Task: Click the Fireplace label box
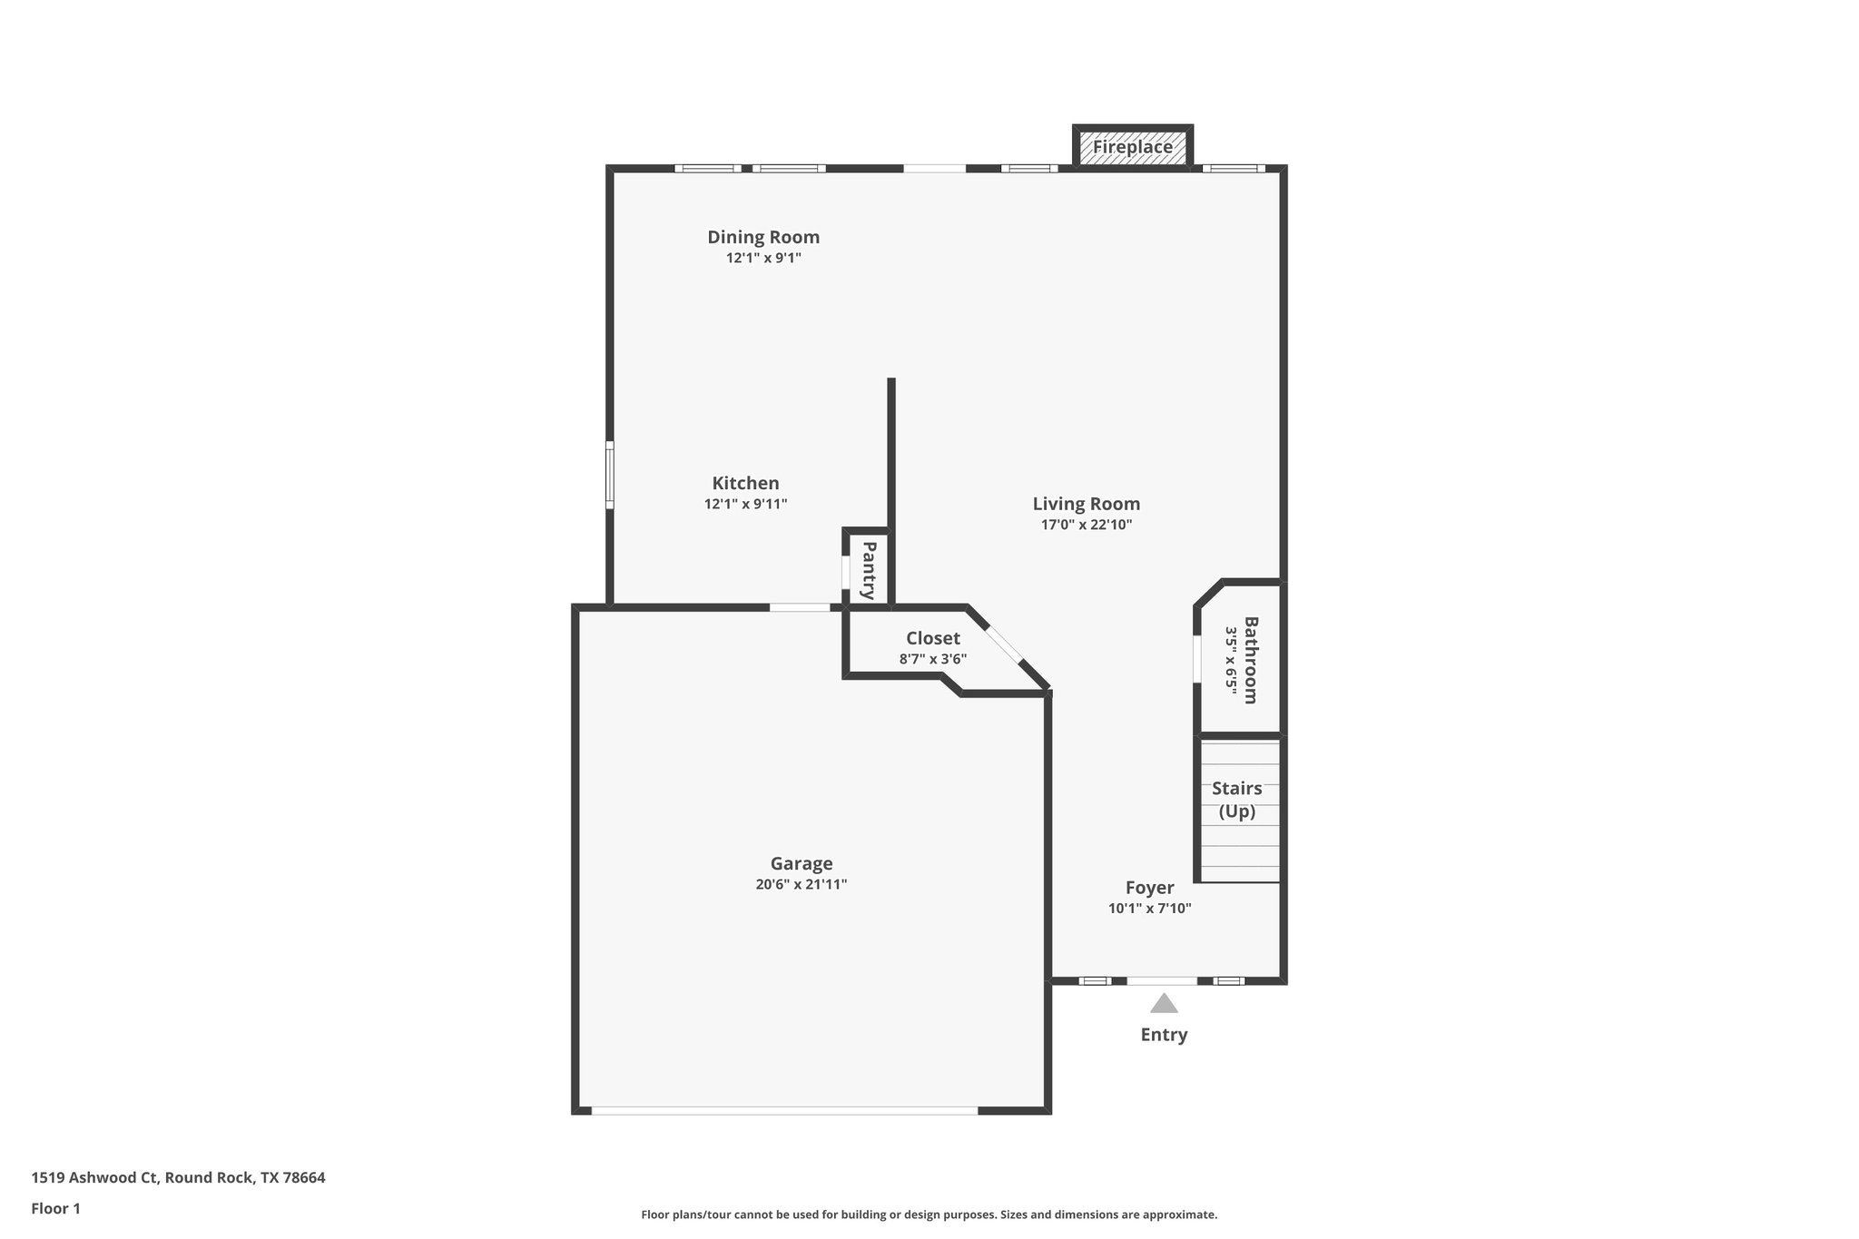[1132, 147]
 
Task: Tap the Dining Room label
[763, 237]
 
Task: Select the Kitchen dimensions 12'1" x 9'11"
[745, 504]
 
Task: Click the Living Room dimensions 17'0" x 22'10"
[1086, 525]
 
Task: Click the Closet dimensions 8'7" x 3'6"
[932, 659]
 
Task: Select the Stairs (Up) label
[1236, 800]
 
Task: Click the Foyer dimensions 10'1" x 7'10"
[1149, 908]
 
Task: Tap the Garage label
[802, 863]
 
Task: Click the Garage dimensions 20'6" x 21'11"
[801, 884]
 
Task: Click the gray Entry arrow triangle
[1164, 1004]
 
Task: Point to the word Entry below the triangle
[1164, 1035]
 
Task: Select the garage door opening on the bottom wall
[784, 1110]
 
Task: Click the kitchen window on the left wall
[610, 475]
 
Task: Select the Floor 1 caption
[55, 1208]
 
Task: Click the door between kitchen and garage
[800, 606]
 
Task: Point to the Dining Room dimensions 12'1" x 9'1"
[763, 258]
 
